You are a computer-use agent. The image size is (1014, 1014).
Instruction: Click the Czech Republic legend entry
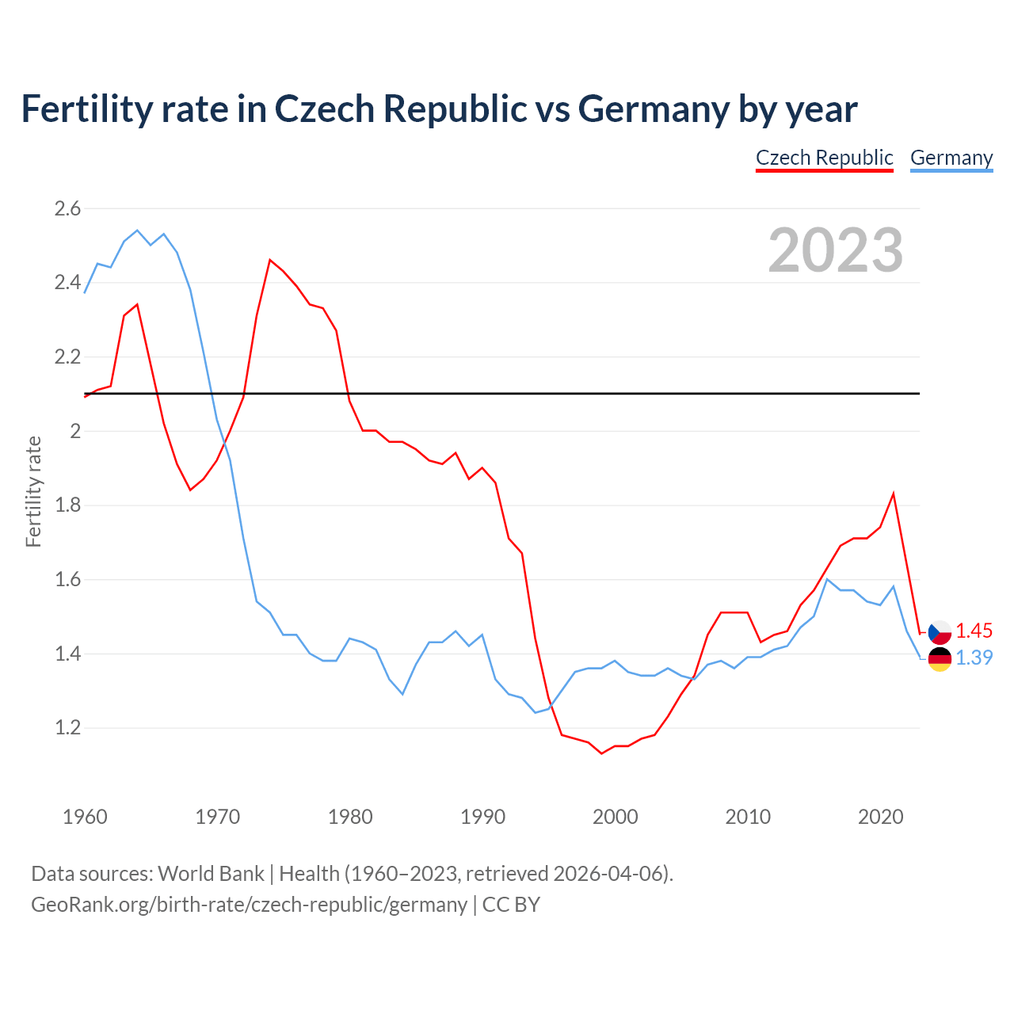pos(824,158)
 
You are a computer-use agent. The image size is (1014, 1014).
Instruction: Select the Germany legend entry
pos(951,158)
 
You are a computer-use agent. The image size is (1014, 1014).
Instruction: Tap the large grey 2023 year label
pos(836,250)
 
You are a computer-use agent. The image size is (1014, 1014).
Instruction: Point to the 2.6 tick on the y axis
pos(67,209)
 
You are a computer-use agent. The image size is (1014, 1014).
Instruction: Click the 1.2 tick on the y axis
pos(67,728)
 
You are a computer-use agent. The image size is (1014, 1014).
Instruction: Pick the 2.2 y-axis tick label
pos(67,357)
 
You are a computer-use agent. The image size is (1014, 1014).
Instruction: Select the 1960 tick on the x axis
pos(85,817)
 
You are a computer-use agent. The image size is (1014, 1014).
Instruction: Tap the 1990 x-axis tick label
pos(482,817)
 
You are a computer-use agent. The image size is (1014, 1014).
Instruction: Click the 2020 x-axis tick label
pos(880,817)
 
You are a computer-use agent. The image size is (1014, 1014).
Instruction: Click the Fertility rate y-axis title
pos(33,491)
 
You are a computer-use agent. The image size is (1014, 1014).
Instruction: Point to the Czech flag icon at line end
pos(940,632)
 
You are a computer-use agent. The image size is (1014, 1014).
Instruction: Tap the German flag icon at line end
pos(940,658)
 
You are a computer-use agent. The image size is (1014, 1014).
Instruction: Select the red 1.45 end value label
pos(974,631)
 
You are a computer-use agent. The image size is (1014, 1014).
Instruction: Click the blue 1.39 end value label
pos(974,658)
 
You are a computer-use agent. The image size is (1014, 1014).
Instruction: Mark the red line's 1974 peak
pos(270,260)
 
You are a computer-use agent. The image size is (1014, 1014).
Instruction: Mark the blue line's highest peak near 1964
pos(138,231)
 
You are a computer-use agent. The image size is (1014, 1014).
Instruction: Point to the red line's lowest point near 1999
pos(602,753)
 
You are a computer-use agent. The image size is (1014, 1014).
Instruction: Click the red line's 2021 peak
pos(894,494)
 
